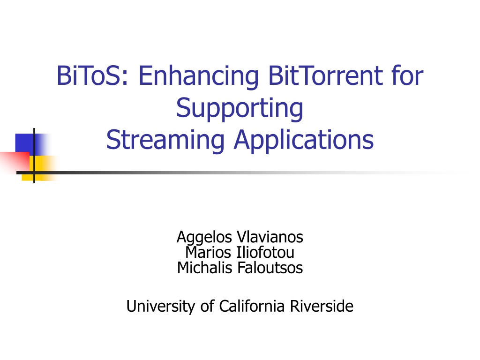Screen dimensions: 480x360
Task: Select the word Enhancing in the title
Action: click(x=199, y=77)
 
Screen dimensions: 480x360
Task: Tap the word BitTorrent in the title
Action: click(x=325, y=75)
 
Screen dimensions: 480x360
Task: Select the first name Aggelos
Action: click(x=204, y=238)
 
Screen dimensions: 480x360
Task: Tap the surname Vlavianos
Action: click(x=270, y=237)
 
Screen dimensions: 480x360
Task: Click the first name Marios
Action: click(x=208, y=253)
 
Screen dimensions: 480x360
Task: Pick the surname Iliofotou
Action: click(x=265, y=253)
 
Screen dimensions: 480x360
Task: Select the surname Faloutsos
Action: click(x=270, y=268)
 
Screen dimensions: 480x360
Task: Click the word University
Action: click(x=161, y=307)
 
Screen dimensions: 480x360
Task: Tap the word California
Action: click(x=252, y=306)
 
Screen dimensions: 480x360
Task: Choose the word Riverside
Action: click(x=322, y=306)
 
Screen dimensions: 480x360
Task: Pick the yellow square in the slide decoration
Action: click(x=42, y=168)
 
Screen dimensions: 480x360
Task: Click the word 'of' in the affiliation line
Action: click(x=207, y=306)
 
